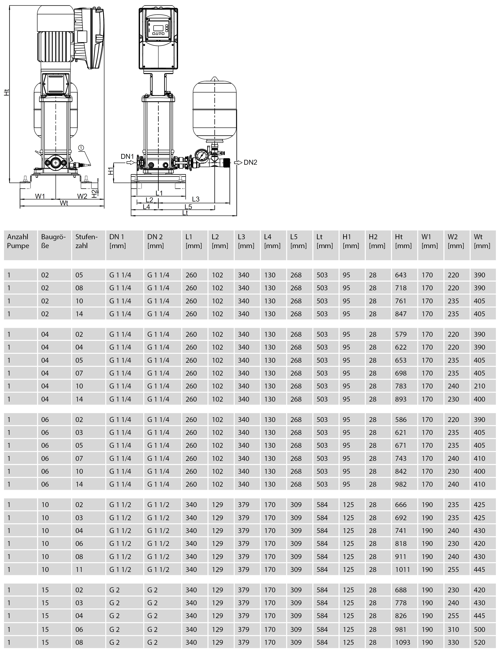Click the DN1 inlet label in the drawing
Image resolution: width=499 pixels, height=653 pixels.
click(127, 156)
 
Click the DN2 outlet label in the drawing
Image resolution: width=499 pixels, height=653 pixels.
click(250, 162)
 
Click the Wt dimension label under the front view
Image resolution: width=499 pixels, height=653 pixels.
click(64, 203)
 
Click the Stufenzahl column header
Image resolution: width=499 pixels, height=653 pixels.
click(86, 241)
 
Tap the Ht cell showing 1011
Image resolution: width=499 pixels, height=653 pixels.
click(402, 569)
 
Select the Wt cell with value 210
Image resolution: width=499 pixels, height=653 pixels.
click(479, 386)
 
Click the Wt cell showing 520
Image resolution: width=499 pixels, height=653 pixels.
click(479, 642)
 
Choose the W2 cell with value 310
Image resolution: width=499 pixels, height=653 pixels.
click(453, 629)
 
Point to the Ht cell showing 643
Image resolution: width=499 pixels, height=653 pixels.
click(401, 275)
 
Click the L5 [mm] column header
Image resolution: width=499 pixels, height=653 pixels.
click(298, 241)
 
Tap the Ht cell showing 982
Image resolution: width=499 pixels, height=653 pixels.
click(401, 484)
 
